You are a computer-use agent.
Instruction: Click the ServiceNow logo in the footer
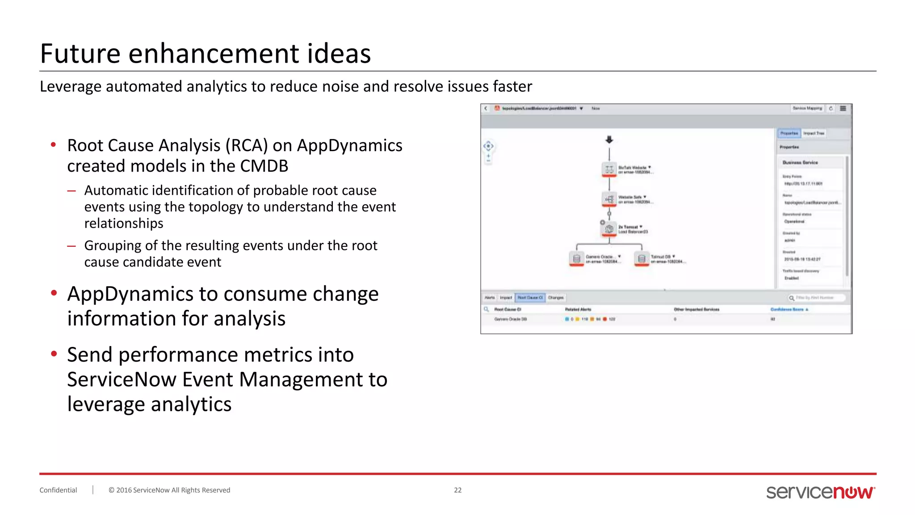[x=820, y=492]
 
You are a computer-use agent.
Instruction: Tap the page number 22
[x=457, y=490]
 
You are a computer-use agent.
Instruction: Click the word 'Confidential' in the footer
[x=58, y=490]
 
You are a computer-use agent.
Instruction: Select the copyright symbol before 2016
[x=111, y=490]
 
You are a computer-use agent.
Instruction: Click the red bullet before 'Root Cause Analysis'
[x=54, y=144]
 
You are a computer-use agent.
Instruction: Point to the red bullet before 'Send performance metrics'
[x=54, y=354]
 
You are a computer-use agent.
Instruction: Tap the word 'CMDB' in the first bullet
[x=264, y=166]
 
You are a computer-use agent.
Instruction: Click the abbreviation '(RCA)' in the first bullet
[x=246, y=145]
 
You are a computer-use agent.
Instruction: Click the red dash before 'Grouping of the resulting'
[x=71, y=245]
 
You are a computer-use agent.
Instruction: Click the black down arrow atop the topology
[x=609, y=140]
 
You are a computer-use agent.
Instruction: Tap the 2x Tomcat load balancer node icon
[x=609, y=229]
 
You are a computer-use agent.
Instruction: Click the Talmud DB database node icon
[x=642, y=259]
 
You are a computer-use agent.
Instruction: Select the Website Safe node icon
[x=609, y=199]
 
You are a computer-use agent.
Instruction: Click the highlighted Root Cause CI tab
[x=530, y=298]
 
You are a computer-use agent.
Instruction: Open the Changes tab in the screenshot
[x=556, y=298]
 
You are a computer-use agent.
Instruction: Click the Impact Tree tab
[x=814, y=133]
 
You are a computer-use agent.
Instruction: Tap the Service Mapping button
[x=807, y=108]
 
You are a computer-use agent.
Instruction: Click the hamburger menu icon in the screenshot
[x=843, y=108]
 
